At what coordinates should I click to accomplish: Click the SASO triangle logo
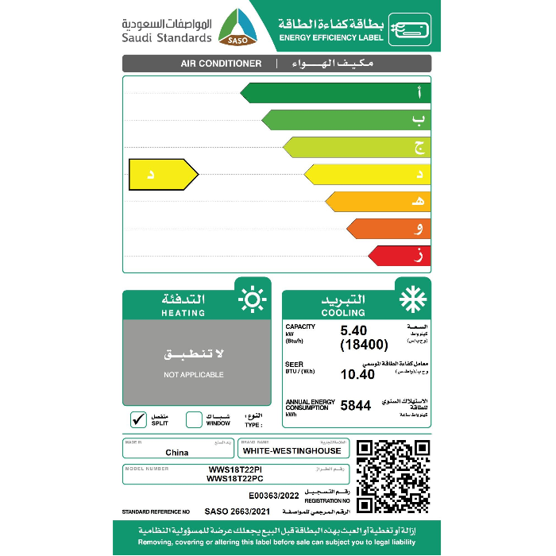239,28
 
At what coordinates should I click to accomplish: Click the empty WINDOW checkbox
194,419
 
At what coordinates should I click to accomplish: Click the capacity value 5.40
355,330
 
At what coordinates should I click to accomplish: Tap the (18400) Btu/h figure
364,344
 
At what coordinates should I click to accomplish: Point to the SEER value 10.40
357,374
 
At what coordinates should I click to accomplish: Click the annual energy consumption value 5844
356,405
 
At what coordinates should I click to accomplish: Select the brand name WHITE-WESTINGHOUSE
292,450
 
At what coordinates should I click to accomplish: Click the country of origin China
177,452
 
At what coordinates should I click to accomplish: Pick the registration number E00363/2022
274,495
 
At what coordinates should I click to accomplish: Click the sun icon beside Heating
253,299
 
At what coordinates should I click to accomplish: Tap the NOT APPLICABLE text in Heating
194,374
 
